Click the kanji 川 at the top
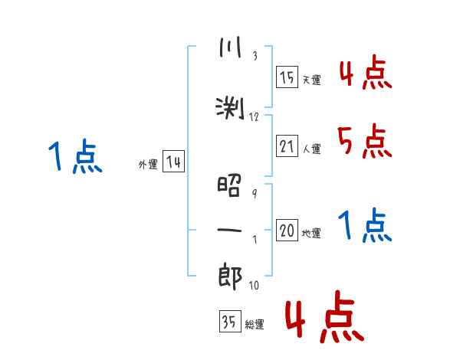pos(230,47)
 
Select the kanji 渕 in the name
pos(230,109)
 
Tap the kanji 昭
pos(229,186)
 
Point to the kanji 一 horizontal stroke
pos(229,230)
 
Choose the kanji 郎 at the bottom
pos(230,277)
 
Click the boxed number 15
pos(287,77)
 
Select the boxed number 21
pos(287,146)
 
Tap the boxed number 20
pos(287,230)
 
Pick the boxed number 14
pos(173,162)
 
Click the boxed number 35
pos(230,321)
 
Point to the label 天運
pos(311,80)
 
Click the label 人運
pos(311,149)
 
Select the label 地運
pos(311,234)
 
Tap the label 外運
pos(148,165)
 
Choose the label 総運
pos(255,325)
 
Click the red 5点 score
pos(364,141)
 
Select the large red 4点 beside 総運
pos(325,317)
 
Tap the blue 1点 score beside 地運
pos(365,225)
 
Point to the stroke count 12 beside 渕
pos(254,117)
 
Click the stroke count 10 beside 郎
pos(254,285)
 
